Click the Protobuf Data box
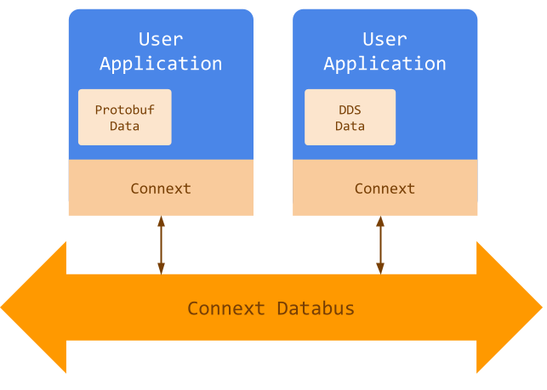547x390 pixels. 125,117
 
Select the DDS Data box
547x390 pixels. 350,117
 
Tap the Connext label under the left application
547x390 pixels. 161,189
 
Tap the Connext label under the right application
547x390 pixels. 385,189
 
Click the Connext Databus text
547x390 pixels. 271,308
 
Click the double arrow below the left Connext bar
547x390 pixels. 161,245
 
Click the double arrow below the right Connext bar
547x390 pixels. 380,245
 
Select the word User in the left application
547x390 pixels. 161,39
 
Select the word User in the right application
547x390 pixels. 385,39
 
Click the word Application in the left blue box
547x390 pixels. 161,64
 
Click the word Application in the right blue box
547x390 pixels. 385,64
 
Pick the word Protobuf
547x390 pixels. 125,110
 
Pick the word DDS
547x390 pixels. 350,110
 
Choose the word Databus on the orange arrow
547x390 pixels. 316,308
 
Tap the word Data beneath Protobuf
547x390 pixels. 125,126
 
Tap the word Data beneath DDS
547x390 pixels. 350,126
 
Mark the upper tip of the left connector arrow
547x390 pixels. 161,218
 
